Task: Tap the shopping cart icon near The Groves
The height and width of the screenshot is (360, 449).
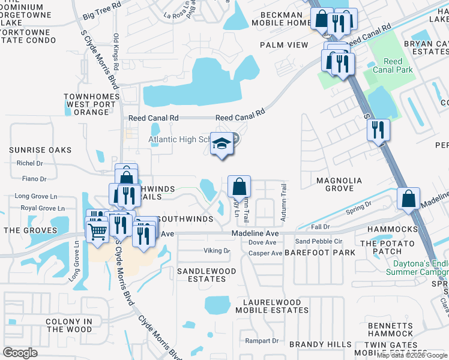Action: coord(97,230)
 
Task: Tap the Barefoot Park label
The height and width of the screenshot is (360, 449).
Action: coord(320,253)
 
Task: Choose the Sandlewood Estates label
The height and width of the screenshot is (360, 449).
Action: coord(206,275)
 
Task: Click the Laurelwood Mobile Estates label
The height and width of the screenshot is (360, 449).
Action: coord(271,306)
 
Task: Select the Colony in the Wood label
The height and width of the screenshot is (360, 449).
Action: coord(69,325)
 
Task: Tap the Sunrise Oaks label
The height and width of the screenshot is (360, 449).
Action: coord(40,150)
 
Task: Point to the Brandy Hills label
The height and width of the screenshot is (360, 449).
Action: coord(321,344)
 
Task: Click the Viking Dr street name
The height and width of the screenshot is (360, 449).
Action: coord(217,251)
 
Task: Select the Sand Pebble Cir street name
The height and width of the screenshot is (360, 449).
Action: coord(318,241)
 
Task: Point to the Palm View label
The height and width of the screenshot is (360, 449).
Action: coord(284,45)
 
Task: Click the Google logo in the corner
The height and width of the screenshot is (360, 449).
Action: coord(20,352)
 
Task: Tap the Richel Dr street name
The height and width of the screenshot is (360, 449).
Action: coord(30,163)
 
